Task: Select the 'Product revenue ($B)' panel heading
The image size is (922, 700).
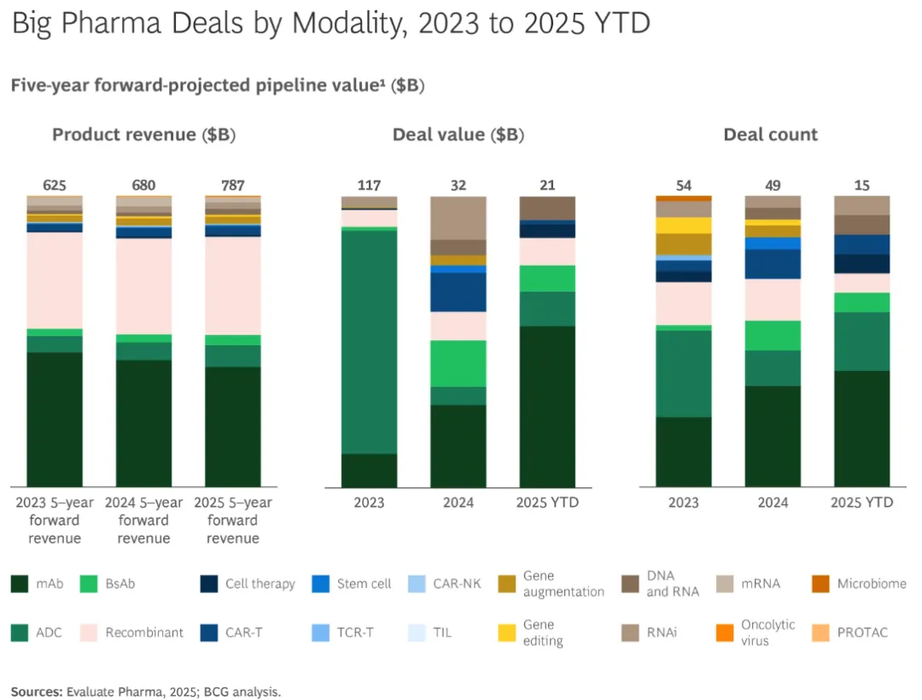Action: [x=143, y=135]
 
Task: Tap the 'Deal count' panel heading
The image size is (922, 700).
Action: [x=770, y=135]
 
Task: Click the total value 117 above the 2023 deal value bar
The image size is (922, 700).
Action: [x=369, y=185]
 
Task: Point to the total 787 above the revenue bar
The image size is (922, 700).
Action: [x=233, y=185]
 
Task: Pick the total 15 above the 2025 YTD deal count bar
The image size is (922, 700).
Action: [x=862, y=185]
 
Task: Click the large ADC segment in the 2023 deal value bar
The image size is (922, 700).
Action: [x=369, y=342]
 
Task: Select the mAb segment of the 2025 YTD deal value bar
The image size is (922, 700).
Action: [x=547, y=406]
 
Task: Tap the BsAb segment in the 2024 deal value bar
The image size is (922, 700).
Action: [x=458, y=363]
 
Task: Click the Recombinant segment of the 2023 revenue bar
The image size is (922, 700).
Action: [x=55, y=280]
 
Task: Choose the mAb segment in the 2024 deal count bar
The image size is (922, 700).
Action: [x=773, y=436]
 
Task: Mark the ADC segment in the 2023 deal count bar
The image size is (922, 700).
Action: [x=684, y=374]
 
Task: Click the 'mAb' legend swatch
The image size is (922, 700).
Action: [x=21, y=585]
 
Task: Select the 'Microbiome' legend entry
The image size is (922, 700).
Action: [x=871, y=585]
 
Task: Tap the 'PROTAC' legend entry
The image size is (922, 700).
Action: [x=861, y=633]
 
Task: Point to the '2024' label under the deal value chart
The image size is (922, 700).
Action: [x=458, y=503]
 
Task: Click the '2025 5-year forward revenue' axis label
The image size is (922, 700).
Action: [x=233, y=521]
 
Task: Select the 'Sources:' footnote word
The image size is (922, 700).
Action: [x=37, y=691]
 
